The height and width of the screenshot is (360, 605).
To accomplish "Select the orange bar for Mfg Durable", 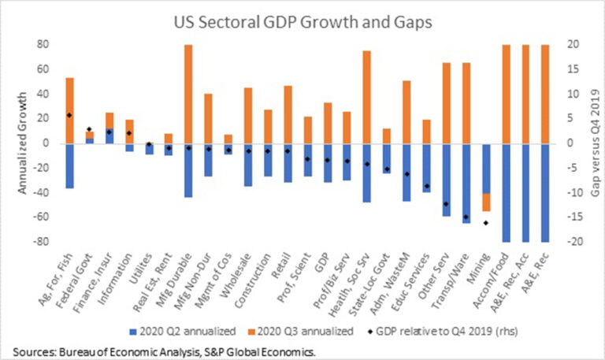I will pos(188,95).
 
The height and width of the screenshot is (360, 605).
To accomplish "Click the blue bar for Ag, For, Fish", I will pos(69,165).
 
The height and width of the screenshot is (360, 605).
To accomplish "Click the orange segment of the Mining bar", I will pos(485,202).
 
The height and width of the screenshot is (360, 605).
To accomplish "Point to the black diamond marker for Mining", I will pos(485,223).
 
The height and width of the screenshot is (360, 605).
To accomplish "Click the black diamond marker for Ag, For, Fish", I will pos(69,115).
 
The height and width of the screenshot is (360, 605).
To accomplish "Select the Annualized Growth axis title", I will pos(23,142).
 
